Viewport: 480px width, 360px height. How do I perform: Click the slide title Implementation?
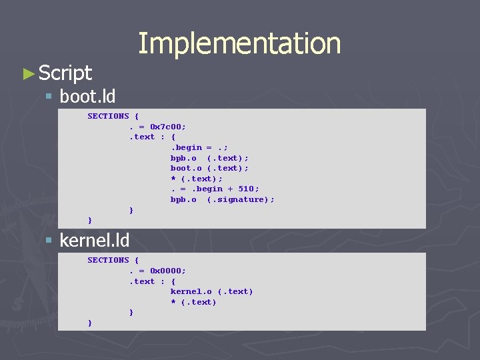coord(239,43)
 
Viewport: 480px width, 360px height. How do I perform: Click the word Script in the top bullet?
coord(65,73)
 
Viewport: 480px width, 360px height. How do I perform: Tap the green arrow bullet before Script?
coord(28,73)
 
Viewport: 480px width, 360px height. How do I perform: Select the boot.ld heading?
coord(87,97)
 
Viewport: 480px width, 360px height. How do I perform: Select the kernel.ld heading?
coord(95,240)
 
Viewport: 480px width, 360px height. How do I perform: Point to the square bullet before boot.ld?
coord(48,97)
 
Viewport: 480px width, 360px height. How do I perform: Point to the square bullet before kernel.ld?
coord(48,240)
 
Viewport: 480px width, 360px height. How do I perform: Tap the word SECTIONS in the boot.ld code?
coord(108,116)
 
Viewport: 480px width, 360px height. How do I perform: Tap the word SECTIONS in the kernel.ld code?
coord(108,260)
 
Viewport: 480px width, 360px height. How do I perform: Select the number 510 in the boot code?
coord(246,189)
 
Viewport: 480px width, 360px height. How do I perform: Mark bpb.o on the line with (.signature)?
coord(183,199)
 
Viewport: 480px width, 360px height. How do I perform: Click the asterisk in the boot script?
coord(173,179)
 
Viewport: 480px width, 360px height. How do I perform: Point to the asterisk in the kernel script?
coord(173,302)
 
